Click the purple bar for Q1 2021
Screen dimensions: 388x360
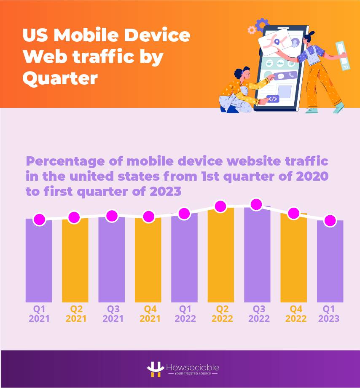click(x=39, y=261)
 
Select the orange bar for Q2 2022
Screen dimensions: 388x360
click(x=221, y=257)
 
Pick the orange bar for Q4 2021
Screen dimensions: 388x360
click(x=148, y=261)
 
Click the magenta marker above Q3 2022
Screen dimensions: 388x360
click(x=256, y=205)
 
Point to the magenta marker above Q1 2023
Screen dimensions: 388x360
click(x=330, y=220)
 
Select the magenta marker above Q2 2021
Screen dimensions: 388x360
click(x=74, y=217)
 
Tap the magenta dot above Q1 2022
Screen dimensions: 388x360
click(x=184, y=214)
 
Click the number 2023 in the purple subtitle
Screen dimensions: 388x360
click(x=161, y=191)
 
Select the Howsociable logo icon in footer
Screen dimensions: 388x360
click(x=155, y=369)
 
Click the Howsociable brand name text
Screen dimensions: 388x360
click(x=192, y=367)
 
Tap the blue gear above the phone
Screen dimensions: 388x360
click(x=262, y=24)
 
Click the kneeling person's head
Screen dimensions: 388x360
click(x=237, y=73)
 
